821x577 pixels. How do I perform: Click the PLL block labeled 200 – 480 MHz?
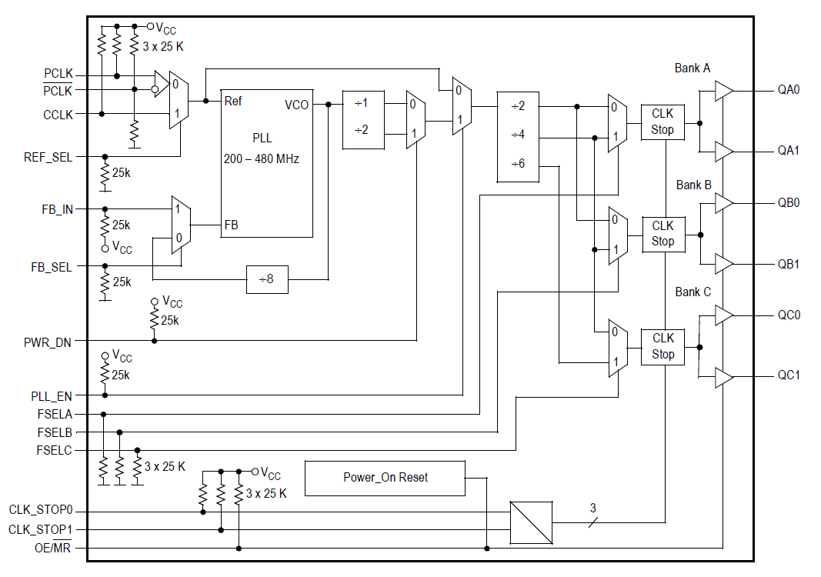[267, 162]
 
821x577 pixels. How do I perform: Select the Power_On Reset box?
[385, 478]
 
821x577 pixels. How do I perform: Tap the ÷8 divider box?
[266, 280]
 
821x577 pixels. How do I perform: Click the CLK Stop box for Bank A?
[662, 122]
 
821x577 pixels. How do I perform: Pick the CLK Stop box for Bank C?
[662, 346]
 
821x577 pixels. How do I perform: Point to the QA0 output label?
[788, 90]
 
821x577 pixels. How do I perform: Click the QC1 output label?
[788, 375]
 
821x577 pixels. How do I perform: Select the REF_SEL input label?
[48, 157]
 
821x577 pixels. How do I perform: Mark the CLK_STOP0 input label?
[42, 511]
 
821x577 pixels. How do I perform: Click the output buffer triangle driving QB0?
[723, 203]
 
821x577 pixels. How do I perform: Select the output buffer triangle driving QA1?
[723, 152]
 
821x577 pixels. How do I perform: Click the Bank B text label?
[693, 185]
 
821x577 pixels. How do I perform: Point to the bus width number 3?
[592, 508]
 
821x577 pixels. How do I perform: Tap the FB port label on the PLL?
[231, 225]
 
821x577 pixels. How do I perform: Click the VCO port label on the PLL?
[296, 105]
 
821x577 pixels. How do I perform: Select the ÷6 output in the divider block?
[518, 164]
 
